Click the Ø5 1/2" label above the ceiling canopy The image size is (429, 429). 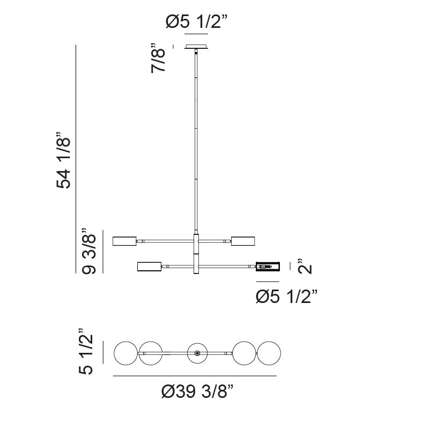(196, 21)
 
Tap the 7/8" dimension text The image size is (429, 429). (158, 58)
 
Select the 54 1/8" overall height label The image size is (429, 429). (63, 160)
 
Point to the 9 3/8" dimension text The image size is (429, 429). (89, 250)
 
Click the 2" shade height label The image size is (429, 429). (305, 265)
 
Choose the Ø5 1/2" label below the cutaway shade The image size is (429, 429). (287, 296)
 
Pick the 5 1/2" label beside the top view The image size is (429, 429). (86, 351)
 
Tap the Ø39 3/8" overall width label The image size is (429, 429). (197, 391)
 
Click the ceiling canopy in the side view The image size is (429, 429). (196, 47)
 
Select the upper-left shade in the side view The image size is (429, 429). (125, 241)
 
